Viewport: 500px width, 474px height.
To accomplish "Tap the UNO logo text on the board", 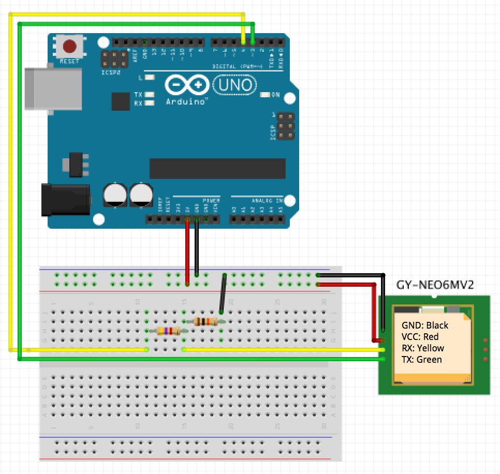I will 234,84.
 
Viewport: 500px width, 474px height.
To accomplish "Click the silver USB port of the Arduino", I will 52,88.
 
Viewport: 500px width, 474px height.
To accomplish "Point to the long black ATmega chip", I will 217,169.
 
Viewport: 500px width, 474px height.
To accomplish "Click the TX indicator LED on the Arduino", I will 150,95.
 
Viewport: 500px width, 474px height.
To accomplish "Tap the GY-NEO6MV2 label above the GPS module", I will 435,285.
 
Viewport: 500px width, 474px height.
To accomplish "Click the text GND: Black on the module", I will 425,325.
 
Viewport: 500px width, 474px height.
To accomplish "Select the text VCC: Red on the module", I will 420,337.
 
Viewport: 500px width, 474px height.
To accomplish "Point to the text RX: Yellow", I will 422,348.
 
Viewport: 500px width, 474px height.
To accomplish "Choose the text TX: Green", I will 421,360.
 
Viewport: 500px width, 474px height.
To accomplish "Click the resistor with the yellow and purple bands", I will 168,331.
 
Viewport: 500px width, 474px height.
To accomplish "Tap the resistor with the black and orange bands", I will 204,321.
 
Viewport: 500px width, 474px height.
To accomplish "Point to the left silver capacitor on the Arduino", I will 114,195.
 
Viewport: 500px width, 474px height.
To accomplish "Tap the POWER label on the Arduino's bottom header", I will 211,200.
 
